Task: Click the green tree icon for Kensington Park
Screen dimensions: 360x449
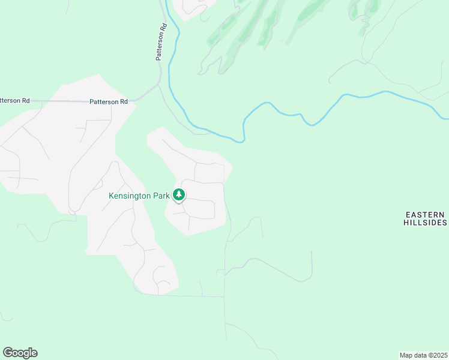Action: pos(178,194)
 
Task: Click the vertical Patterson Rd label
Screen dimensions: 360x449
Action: pos(160,42)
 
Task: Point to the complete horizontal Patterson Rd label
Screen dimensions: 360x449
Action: pos(109,102)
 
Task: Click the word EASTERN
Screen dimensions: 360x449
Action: pos(424,215)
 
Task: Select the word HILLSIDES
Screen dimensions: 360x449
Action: pos(424,223)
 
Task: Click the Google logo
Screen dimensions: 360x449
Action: pos(20,353)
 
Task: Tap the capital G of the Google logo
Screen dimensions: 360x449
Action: pos(7,352)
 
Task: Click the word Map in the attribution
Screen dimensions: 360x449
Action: pos(406,355)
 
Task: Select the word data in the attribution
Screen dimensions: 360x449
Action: pos(419,355)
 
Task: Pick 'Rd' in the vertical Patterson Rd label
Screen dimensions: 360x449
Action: pos(162,28)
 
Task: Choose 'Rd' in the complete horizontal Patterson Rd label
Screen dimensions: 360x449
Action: pos(124,102)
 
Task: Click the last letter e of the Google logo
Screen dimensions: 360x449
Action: pos(34,353)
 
